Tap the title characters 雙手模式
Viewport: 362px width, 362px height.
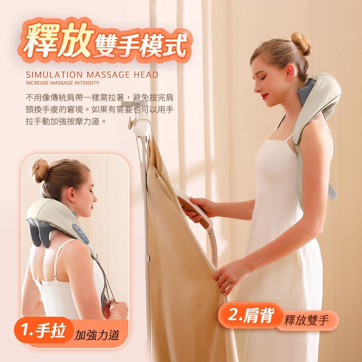click(141, 46)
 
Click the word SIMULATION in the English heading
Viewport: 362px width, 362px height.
click(54, 75)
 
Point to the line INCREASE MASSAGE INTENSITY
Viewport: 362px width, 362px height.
click(62, 83)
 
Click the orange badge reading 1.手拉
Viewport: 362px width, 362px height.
click(43, 330)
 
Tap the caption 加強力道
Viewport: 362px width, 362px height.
click(96, 335)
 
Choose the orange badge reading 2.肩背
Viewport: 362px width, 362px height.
click(251, 315)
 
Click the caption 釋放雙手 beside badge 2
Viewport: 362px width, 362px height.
click(306, 320)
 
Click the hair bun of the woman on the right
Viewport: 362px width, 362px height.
click(301, 44)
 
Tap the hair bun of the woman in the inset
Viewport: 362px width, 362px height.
click(40, 171)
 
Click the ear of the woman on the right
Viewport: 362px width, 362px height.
click(290, 72)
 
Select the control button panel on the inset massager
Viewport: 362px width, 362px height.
click(81, 233)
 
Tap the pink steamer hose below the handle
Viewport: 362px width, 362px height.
click(214, 247)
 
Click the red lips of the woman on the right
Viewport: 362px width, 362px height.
click(265, 95)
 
